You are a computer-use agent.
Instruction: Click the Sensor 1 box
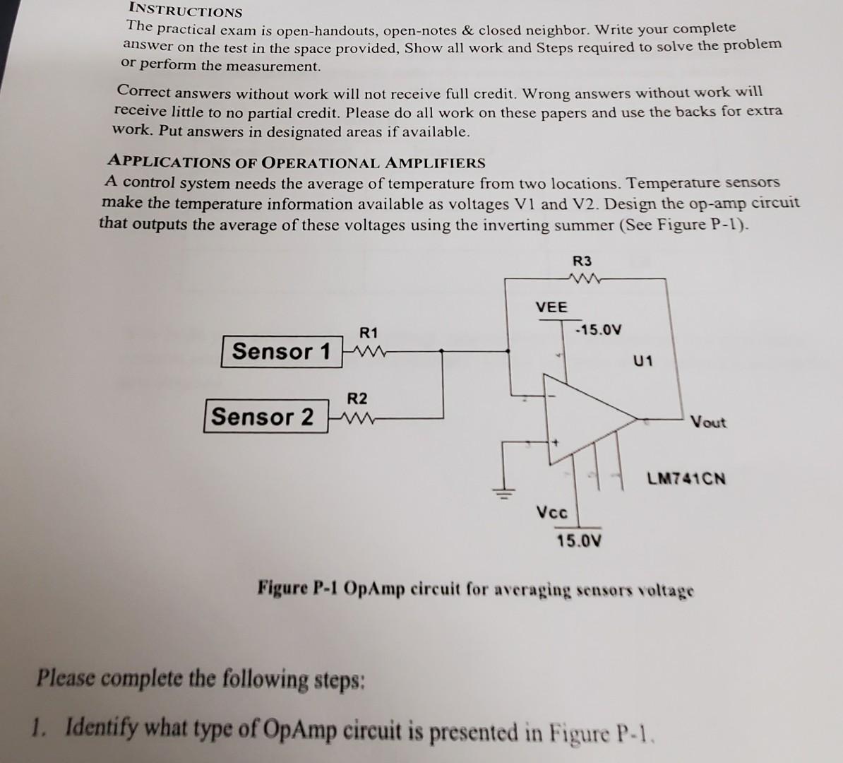point(282,351)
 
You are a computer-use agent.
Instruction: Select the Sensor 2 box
point(267,416)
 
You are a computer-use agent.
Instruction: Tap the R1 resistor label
point(369,333)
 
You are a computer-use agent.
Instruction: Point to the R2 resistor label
point(357,398)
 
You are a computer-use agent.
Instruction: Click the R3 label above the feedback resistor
point(582,261)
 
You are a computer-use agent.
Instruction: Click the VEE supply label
point(551,307)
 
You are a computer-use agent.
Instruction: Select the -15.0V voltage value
point(599,329)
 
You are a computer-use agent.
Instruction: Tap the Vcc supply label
point(552,511)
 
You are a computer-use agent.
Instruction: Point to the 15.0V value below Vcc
point(579,540)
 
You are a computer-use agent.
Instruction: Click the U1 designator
point(642,360)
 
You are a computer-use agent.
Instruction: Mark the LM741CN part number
point(686,478)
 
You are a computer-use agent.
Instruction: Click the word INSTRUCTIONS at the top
point(186,10)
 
